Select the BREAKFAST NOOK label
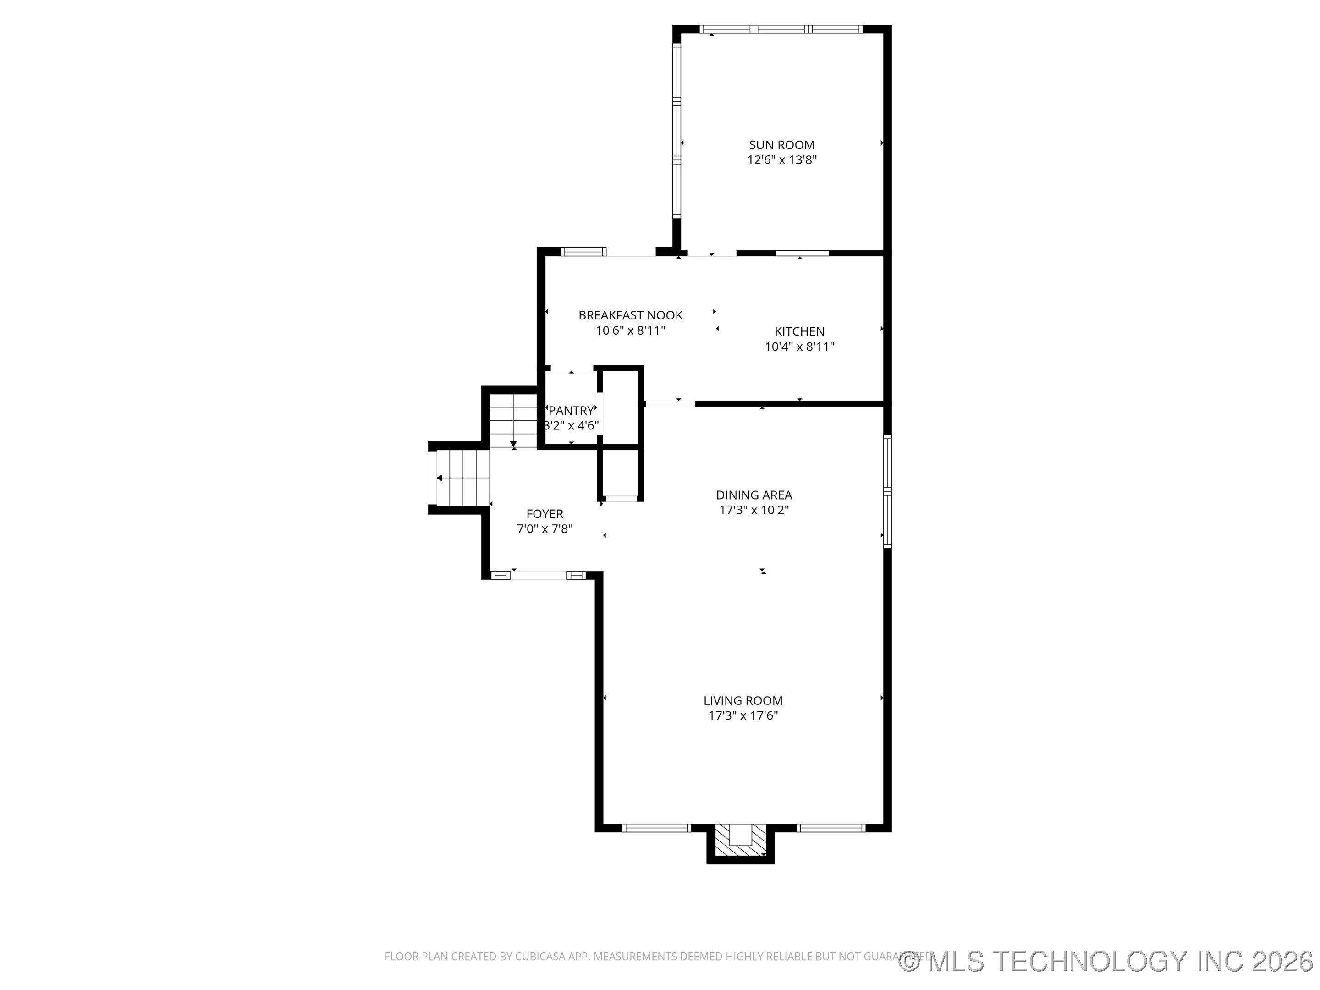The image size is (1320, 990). pyautogui.click(x=630, y=315)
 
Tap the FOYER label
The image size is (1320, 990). pyautogui.click(x=544, y=514)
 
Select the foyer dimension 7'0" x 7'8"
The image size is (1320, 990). pyautogui.click(x=544, y=529)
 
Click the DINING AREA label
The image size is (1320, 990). pyautogui.click(x=753, y=495)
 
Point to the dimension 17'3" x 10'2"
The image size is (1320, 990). pyautogui.click(x=753, y=510)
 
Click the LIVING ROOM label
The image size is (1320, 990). pyautogui.click(x=742, y=701)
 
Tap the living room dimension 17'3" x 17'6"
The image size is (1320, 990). pyautogui.click(x=742, y=716)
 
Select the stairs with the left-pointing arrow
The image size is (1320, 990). pyautogui.click(x=463, y=478)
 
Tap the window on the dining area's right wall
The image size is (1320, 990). pyautogui.click(x=887, y=491)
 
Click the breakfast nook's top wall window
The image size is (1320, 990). pyautogui.click(x=583, y=252)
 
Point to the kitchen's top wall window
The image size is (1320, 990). pyautogui.click(x=802, y=253)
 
